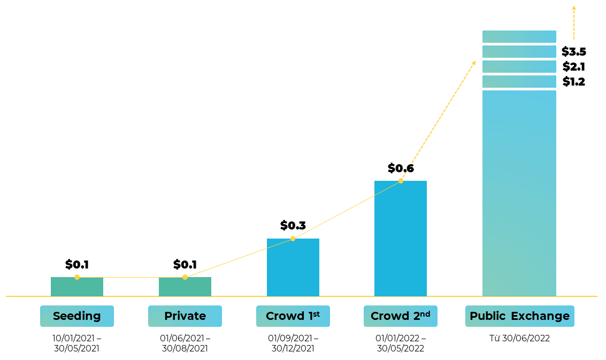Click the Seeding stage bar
click(77, 287)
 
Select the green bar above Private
click(185, 287)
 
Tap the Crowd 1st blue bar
click(293, 267)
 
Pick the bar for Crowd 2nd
click(401, 239)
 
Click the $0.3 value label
click(293, 226)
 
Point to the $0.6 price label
click(401, 168)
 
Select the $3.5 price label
click(574, 52)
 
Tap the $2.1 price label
click(574, 67)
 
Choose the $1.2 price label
click(574, 82)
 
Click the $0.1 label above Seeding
click(77, 265)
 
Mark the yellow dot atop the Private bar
click(185, 277)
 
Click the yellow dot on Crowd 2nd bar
click(401, 181)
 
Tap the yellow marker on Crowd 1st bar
click(293, 239)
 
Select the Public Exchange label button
click(519, 316)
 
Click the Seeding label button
click(77, 316)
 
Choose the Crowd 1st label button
click(293, 316)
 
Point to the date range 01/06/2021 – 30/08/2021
click(185, 343)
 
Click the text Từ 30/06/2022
click(519, 339)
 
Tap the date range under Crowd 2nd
click(401, 343)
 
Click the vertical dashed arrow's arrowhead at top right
click(574, 8)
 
